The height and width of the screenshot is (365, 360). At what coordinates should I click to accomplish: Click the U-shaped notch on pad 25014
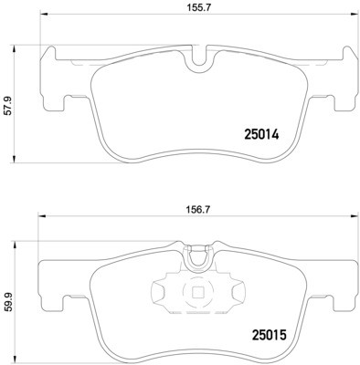pos(196,61)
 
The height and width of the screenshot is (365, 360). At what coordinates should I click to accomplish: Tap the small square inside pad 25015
pos(196,294)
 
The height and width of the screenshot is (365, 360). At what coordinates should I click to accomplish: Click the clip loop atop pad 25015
pos(196,261)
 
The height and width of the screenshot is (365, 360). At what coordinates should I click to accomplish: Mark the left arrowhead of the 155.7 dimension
pos(42,26)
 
